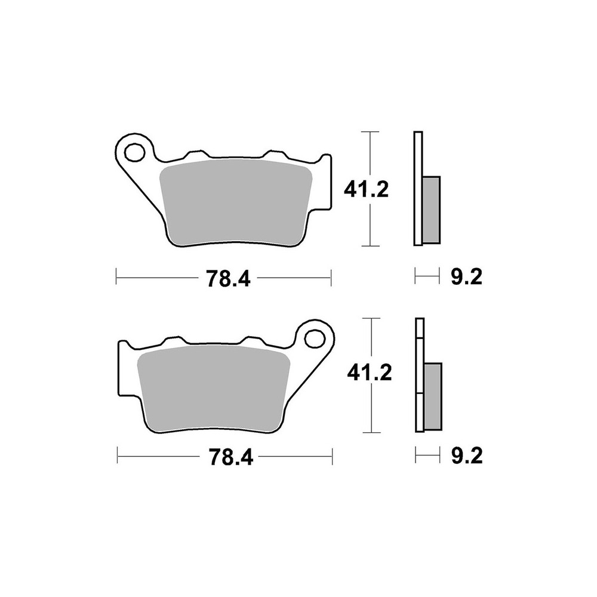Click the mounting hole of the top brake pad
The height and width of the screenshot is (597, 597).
coord(134,151)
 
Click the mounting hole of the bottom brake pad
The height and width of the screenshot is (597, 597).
coord(313,338)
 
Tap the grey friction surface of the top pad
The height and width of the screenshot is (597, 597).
coord(238,201)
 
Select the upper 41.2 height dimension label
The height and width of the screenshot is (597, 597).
coord(366,189)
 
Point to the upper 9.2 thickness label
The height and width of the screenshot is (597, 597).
coord(465,277)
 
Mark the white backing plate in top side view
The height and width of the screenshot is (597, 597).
coord(417,188)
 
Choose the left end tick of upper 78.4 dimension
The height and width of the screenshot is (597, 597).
coord(116,277)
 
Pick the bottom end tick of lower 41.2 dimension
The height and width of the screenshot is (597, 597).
coord(372,431)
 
